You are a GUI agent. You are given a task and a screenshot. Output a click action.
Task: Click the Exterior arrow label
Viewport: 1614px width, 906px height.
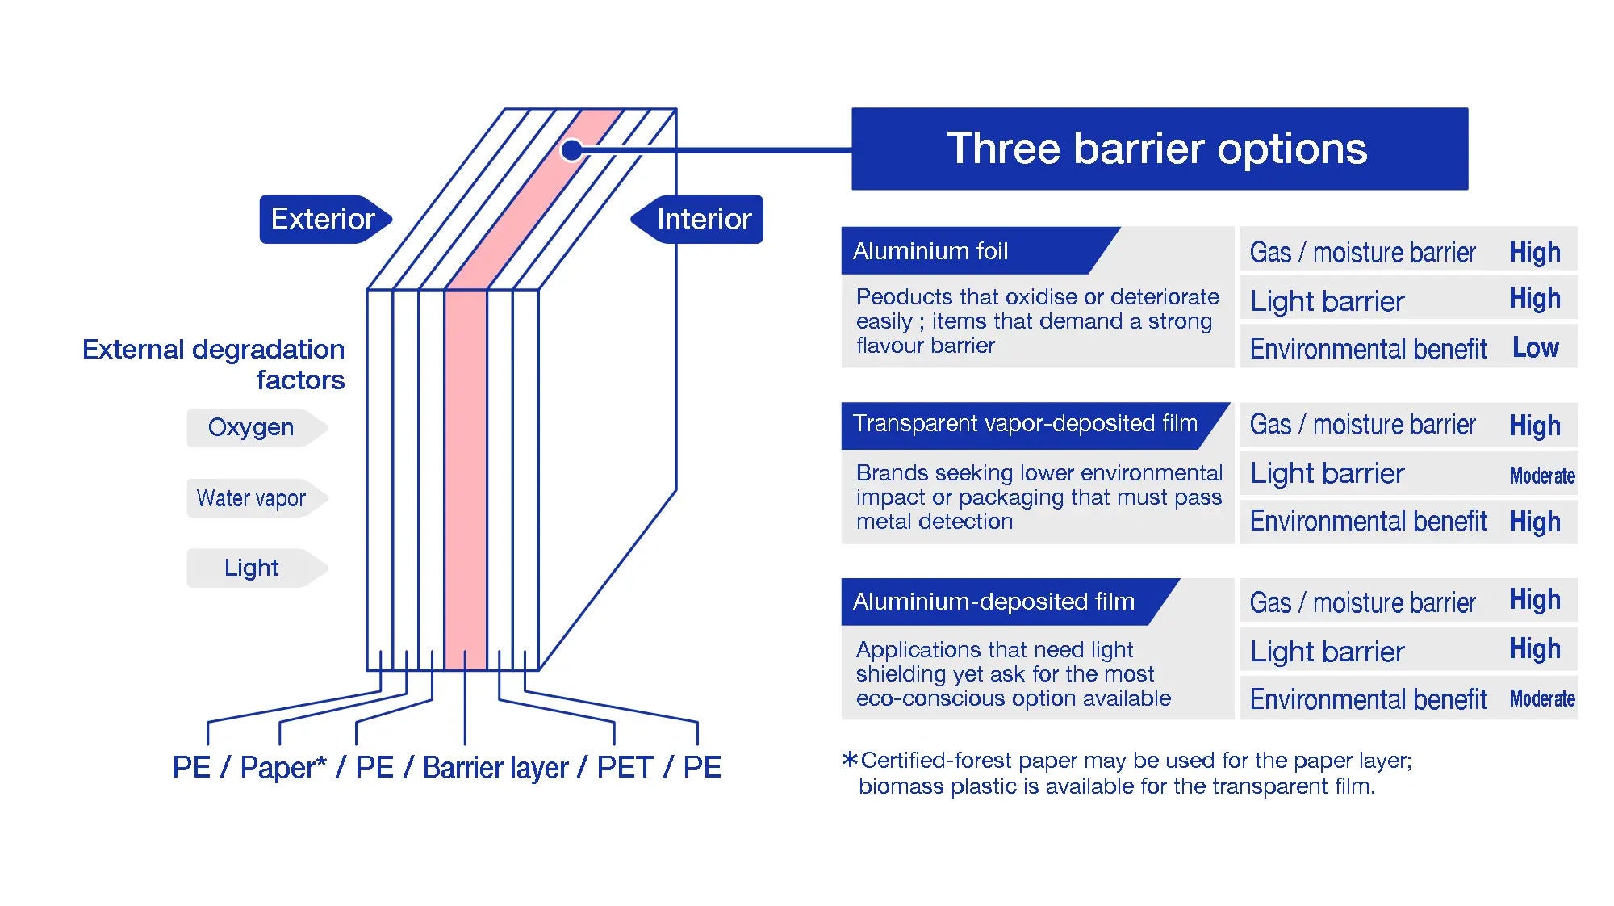pos(324,219)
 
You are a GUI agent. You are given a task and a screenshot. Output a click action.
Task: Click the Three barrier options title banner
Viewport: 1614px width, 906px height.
pos(1159,149)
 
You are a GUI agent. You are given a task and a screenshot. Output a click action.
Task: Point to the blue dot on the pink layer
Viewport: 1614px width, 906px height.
pos(571,149)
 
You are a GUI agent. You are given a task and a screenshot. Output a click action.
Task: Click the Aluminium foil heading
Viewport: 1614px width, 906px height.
pos(930,251)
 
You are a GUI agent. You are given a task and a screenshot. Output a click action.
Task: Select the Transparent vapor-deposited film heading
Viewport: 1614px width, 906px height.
pos(1024,423)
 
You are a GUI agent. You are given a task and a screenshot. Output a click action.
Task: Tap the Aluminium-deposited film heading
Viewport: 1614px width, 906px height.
pos(993,602)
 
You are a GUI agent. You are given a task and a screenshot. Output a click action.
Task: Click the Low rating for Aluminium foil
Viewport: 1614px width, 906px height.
pos(1535,347)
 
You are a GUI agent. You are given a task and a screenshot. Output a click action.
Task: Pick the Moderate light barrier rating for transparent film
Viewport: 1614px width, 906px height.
pos(1541,476)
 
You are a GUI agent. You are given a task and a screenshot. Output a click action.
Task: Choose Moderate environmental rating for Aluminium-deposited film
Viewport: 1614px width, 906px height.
pos(1541,698)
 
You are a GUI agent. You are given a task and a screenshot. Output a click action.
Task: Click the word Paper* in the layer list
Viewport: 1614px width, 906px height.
pos(283,767)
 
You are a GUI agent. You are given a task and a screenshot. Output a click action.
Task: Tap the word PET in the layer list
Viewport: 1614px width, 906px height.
pos(625,767)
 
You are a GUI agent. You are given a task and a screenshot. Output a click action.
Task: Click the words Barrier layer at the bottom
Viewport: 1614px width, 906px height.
pos(495,767)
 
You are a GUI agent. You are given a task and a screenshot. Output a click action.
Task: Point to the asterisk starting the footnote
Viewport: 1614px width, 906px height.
pos(849,760)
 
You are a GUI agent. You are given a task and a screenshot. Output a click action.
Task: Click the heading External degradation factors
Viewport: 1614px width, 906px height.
pos(215,364)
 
